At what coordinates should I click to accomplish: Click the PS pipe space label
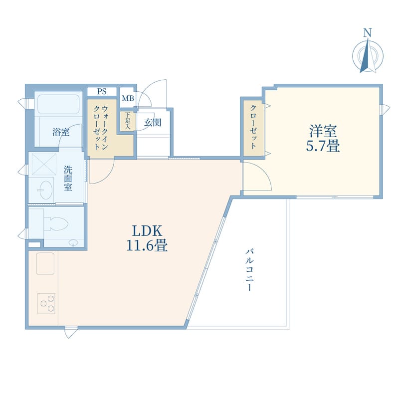[102, 91]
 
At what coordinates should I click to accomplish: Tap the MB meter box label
[127, 98]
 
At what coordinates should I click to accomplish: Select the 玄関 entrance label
[152, 123]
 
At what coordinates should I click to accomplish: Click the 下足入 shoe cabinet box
[127, 121]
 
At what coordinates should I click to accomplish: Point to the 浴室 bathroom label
[61, 132]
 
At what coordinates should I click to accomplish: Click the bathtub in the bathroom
[58, 105]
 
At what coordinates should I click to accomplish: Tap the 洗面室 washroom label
[68, 178]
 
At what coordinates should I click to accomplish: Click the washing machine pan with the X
[43, 163]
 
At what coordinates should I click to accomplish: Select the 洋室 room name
[323, 132]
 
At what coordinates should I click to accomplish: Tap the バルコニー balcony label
[248, 270]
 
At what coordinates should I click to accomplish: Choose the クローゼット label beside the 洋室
[253, 128]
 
